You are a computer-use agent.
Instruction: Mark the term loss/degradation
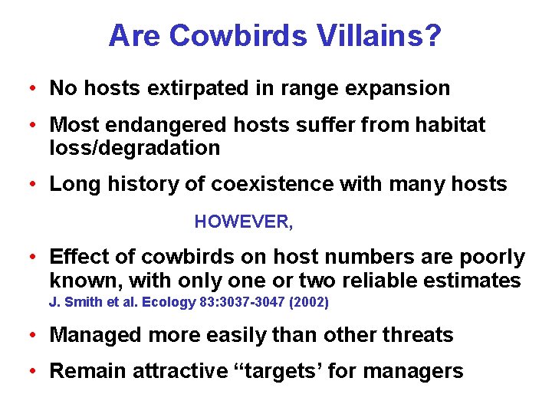[x=135, y=147]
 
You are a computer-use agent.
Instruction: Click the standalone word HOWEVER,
[x=244, y=222]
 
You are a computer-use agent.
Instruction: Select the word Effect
[x=75, y=258]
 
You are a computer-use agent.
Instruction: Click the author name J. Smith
[x=77, y=302]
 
